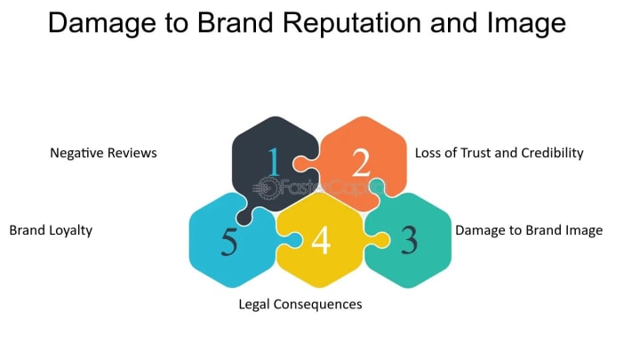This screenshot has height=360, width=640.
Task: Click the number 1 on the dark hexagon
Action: point(274,162)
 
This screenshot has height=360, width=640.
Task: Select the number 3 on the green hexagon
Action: point(408,241)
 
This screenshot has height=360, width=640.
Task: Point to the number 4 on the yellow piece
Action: point(321,241)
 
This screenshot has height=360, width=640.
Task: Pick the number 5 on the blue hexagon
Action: point(228,242)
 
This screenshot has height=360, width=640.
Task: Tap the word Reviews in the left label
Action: point(132,153)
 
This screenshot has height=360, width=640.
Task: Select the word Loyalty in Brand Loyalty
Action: point(70,230)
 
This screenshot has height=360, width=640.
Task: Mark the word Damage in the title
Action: point(98,23)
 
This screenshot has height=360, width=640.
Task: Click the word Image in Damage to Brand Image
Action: point(583,230)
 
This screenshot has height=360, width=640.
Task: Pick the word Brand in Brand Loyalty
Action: point(27,230)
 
